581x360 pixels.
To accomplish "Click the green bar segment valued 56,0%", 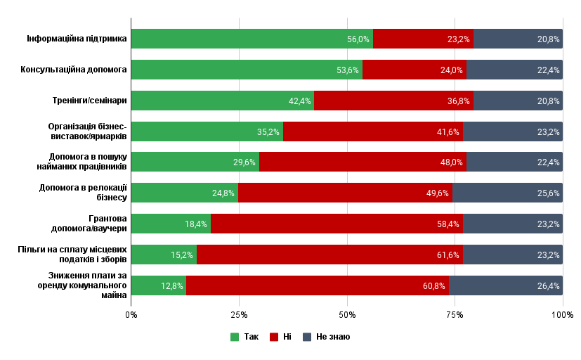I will coord(252,39).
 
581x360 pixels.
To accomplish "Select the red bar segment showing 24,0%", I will coord(414,70).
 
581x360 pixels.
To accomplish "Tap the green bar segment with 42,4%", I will coord(222,101).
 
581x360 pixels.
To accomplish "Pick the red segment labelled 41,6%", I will coord(373,131).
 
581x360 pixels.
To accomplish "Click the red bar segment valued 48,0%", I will coord(363,162).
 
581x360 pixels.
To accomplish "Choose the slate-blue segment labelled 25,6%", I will coord(507,193).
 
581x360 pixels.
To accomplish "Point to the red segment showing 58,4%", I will coord(337,224).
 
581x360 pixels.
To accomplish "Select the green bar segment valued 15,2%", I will coord(164,255).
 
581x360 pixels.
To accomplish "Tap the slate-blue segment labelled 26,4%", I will coord(506,285).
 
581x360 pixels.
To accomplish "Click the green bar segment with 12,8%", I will coord(159,285).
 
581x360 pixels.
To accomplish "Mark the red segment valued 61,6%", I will coord(329,255).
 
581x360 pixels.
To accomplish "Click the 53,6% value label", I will coord(348,70).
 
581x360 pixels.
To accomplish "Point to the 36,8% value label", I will coord(458,101).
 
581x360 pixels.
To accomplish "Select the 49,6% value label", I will coord(438,193).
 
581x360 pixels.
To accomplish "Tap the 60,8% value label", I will coord(434,286).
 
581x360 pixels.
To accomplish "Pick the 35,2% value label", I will coord(268,132).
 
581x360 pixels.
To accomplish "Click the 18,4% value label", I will coord(196,224).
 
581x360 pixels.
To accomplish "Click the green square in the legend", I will coord(235,337).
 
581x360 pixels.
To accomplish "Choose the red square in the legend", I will coord(274,337).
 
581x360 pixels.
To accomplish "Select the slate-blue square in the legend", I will coord(307,337).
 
